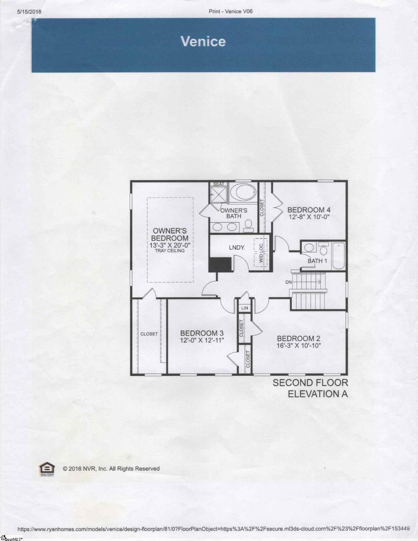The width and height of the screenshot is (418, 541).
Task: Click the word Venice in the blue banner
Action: [x=203, y=41]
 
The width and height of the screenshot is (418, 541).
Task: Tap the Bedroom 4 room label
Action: [x=309, y=210]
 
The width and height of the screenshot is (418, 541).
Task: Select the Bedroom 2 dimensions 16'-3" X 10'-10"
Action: [x=299, y=346]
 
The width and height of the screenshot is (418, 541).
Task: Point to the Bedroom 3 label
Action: [x=202, y=333]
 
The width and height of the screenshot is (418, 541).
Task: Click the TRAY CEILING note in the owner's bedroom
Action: [x=170, y=251]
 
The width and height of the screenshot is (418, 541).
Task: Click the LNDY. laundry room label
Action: [x=237, y=248]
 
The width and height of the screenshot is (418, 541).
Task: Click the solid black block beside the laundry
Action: [x=220, y=265]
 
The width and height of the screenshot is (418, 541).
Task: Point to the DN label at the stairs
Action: [x=288, y=282]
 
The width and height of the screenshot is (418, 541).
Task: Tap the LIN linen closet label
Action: [x=245, y=308]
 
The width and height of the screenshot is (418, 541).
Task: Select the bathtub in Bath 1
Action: [x=339, y=256]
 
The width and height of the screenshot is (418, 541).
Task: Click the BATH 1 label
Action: [x=317, y=261]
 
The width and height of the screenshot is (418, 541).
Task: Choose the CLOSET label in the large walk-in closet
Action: [x=149, y=334]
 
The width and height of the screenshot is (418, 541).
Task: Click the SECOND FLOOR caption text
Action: [x=310, y=383]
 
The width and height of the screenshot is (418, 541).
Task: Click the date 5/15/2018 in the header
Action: [x=29, y=12]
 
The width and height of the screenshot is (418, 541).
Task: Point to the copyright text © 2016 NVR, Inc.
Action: [x=111, y=469]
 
